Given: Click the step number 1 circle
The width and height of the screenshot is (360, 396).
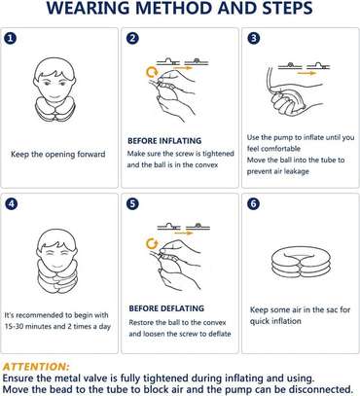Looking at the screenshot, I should (x=11, y=40).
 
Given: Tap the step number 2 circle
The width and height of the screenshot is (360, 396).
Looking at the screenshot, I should (x=133, y=40).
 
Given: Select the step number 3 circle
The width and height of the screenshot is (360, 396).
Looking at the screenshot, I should (x=253, y=40).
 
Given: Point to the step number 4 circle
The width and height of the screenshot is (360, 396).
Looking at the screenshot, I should (x=11, y=206).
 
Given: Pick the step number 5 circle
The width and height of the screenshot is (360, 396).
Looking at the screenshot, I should (x=133, y=206).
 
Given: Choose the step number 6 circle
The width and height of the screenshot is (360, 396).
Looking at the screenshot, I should (x=253, y=206).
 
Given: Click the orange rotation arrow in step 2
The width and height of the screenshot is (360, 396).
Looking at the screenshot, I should (x=151, y=71).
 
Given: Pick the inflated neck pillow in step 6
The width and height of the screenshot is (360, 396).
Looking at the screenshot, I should (x=297, y=268).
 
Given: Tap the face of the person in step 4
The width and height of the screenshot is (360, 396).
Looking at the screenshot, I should (x=57, y=244).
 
